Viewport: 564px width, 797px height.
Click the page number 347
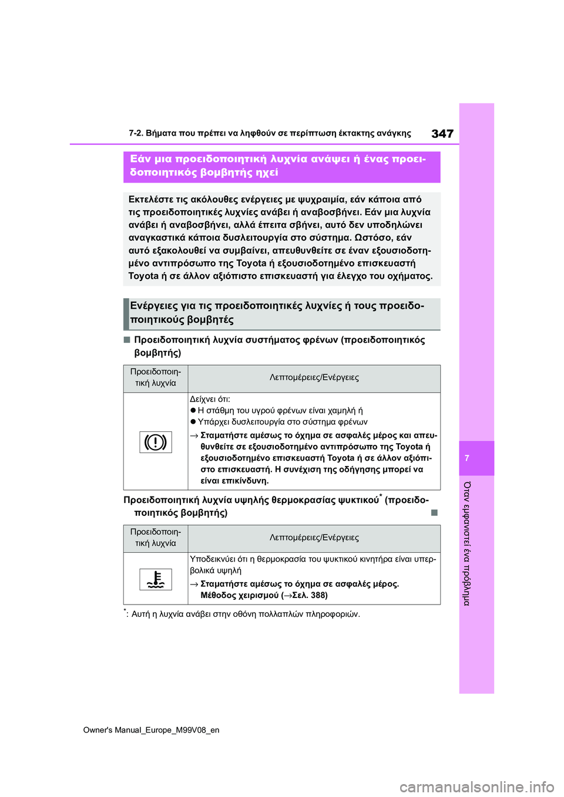click(x=442, y=134)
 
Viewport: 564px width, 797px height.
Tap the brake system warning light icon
click(x=156, y=441)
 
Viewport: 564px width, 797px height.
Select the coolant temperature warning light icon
click(x=156, y=579)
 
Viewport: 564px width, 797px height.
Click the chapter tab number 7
click(x=467, y=458)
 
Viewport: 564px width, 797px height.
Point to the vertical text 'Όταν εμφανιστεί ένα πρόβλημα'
click(x=467, y=543)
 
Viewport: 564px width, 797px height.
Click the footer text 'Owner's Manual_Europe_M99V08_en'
click(x=151, y=730)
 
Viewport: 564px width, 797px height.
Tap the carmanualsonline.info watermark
click(x=476, y=786)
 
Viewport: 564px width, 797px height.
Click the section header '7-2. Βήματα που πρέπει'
click(x=270, y=133)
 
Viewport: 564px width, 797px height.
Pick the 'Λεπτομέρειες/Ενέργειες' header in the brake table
click(x=314, y=377)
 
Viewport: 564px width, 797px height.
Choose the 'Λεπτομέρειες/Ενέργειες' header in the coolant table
click(x=314, y=538)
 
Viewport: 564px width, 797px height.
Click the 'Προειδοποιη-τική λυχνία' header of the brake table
click(x=156, y=377)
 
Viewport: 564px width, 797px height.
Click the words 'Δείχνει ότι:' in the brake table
click(x=210, y=399)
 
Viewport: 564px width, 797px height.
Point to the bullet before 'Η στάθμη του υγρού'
click(x=193, y=411)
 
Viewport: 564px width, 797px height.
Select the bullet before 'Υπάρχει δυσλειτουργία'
click(x=193, y=422)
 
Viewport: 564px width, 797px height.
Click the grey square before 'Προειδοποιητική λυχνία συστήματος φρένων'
click(x=127, y=340)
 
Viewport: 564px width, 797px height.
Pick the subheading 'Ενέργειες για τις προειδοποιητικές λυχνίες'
click(x=277, y=313)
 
